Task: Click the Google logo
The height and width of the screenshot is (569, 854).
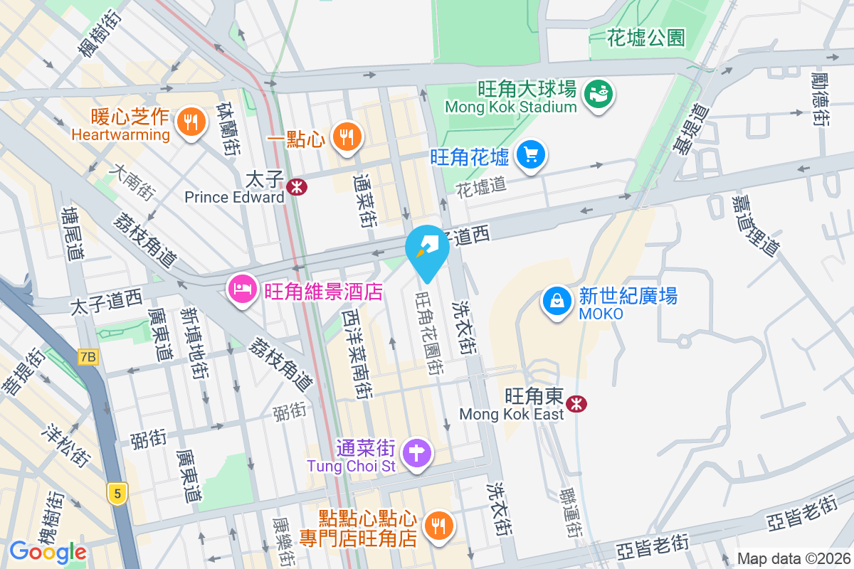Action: point(48,551)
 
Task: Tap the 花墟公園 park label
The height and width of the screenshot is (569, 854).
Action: point(646,38)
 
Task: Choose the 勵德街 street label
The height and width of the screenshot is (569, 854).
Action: point(819,100)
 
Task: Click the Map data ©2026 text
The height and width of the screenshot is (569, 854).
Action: point(793,558)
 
